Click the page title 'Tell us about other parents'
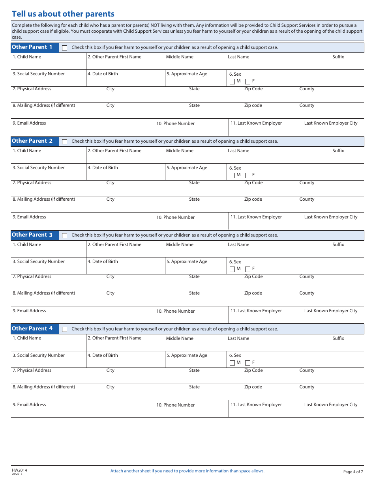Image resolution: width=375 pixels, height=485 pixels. coord(63,14)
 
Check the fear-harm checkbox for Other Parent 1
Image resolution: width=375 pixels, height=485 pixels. coord(65,48)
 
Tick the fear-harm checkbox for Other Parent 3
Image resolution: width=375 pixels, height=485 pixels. coord(65,235)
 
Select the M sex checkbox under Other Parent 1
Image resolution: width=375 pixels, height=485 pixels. coord(232,82)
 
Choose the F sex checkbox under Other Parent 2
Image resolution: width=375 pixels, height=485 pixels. coord(247,175)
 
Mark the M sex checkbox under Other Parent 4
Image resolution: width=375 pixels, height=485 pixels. coord(232,363)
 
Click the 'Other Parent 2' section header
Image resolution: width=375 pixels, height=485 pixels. coord(32,141)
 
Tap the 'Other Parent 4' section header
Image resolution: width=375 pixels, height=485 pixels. coord(32,329)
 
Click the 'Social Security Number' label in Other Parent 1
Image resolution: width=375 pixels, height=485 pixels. coord(39,74)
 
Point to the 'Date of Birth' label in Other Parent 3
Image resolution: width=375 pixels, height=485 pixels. coord(103,261)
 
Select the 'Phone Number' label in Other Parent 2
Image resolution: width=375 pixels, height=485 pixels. coord(176,217)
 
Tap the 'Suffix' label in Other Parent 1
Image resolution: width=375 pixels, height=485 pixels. coord(338,57)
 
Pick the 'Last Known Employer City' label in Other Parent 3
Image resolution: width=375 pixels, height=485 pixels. coord(331,311)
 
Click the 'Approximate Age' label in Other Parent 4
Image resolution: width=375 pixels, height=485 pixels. coord(187,355)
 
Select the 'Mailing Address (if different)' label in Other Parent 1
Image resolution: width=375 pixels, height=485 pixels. coord(44,105)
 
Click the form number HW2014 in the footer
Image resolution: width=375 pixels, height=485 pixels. coord(20,470)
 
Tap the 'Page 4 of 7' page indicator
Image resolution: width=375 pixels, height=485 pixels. coord(353,472)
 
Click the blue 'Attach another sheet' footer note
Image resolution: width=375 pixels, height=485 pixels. coord(187,471)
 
